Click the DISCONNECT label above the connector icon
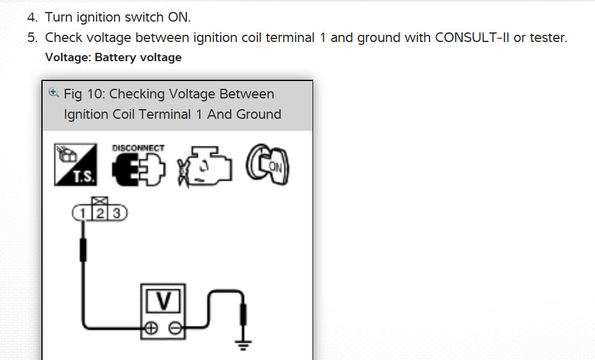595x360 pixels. click(x=138, y=148)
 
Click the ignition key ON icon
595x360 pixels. click(x=268, y=164)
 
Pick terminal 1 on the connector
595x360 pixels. click(x=81, y=213)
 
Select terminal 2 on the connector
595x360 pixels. click(x=100, y=213)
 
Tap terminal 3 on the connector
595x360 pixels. click(x=117, y=213)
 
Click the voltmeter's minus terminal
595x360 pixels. click(x=175, y=328)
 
